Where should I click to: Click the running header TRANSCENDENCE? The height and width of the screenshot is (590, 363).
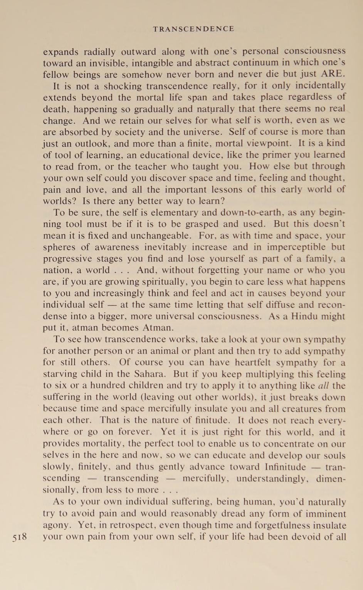(x=193, y=29)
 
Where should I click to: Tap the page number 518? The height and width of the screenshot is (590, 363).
(x=20, y=537)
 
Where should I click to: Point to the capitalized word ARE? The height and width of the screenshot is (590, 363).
(x=333, y=74)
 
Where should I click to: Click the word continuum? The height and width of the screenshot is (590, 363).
(x=252, y=62)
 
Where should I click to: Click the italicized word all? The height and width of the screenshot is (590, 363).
(x=323, y=385)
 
